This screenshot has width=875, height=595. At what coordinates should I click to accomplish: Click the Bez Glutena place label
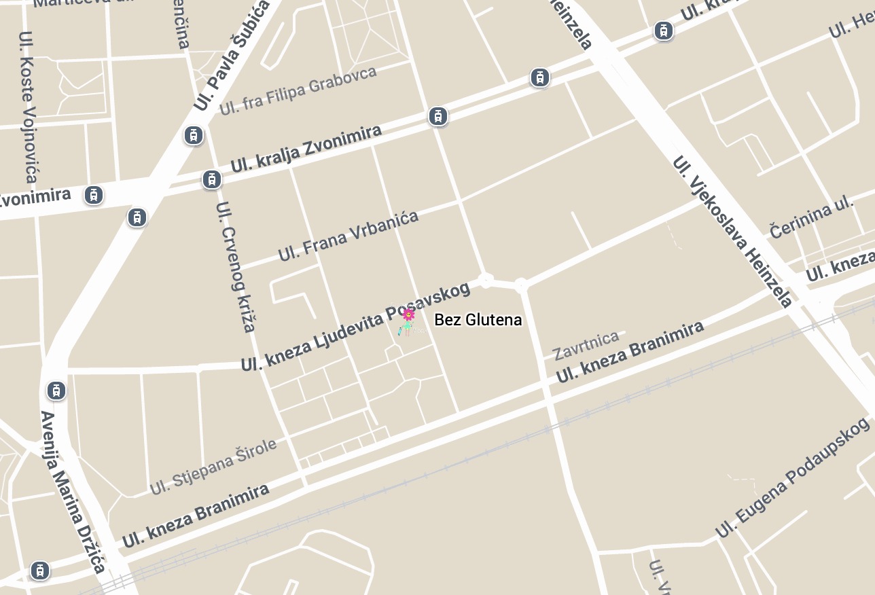478,319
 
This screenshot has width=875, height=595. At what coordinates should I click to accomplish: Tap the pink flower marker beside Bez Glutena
408,314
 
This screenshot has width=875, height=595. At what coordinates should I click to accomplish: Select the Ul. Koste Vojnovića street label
28,107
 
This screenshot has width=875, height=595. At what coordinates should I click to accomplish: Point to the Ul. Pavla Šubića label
232,56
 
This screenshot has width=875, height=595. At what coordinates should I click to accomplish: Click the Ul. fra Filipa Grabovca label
298,90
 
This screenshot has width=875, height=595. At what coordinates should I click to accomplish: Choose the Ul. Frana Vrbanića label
349,236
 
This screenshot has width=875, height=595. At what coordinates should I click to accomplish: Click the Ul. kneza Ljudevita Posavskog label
355,327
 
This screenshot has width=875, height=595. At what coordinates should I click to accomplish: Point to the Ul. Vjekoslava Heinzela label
732,231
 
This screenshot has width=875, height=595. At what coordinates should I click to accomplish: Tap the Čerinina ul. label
812,218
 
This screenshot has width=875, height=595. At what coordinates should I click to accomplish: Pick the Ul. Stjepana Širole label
213,466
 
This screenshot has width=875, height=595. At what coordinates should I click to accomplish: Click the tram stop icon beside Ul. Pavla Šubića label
194,135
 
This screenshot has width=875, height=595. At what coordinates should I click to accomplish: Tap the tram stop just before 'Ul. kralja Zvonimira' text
212,179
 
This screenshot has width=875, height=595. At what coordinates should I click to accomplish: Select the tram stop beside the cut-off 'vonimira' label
94,195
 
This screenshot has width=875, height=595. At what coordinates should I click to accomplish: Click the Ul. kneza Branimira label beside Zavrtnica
630,352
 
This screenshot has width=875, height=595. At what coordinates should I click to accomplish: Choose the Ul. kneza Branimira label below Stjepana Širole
196,516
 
